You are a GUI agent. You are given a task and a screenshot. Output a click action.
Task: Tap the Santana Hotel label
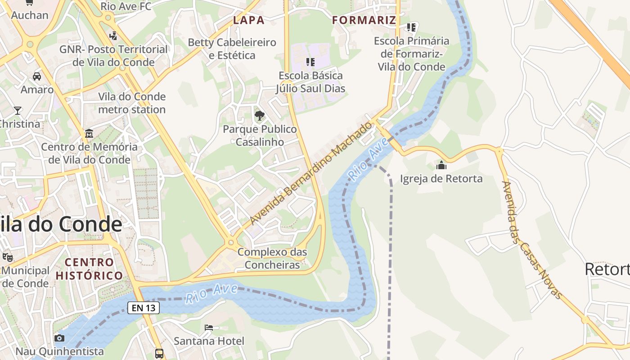click(209, 341)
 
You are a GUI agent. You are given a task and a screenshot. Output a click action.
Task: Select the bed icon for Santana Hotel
click(209, 327)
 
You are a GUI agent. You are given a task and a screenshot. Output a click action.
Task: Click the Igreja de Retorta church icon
click(441, 165)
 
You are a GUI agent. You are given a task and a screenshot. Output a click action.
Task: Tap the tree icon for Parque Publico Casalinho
click(260, 116)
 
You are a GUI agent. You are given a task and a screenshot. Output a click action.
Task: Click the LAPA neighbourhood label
click(248, 20)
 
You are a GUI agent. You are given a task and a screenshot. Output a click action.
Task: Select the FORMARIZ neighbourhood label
click(364, 20)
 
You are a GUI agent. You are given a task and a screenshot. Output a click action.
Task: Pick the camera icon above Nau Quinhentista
click(59, 338)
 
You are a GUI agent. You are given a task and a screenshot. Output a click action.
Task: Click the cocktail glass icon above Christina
click(18, 110)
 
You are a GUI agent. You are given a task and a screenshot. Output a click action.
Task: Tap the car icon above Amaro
click(37, 76)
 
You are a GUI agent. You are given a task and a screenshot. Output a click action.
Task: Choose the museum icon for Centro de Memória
click(89, 134)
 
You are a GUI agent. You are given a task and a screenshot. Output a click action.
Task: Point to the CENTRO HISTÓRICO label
click(89, 269)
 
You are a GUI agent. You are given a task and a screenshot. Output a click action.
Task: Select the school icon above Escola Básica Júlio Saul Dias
click(310, 62)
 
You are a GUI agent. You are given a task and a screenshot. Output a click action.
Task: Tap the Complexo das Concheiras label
click(272, 258)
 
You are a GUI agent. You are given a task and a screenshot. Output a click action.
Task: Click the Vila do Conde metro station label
click(132, 103)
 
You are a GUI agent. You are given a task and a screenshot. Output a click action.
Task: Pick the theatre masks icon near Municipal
click(7, 257)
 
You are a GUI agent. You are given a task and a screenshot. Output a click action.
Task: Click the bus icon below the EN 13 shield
click(159, 353)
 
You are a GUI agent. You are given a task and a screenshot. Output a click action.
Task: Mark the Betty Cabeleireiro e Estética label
click(232, 49)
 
